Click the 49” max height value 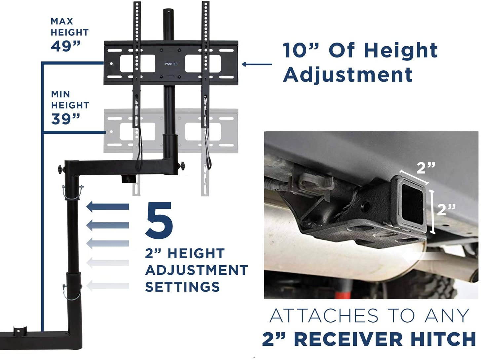[65, 46]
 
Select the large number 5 [159, 220]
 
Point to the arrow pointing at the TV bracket [257, 64]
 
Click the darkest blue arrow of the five [108, 207]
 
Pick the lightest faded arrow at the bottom [108, 285]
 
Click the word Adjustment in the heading [348, 75]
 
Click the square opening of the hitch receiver [412, 204]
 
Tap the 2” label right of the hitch [446, 209]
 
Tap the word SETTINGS [182, 287]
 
